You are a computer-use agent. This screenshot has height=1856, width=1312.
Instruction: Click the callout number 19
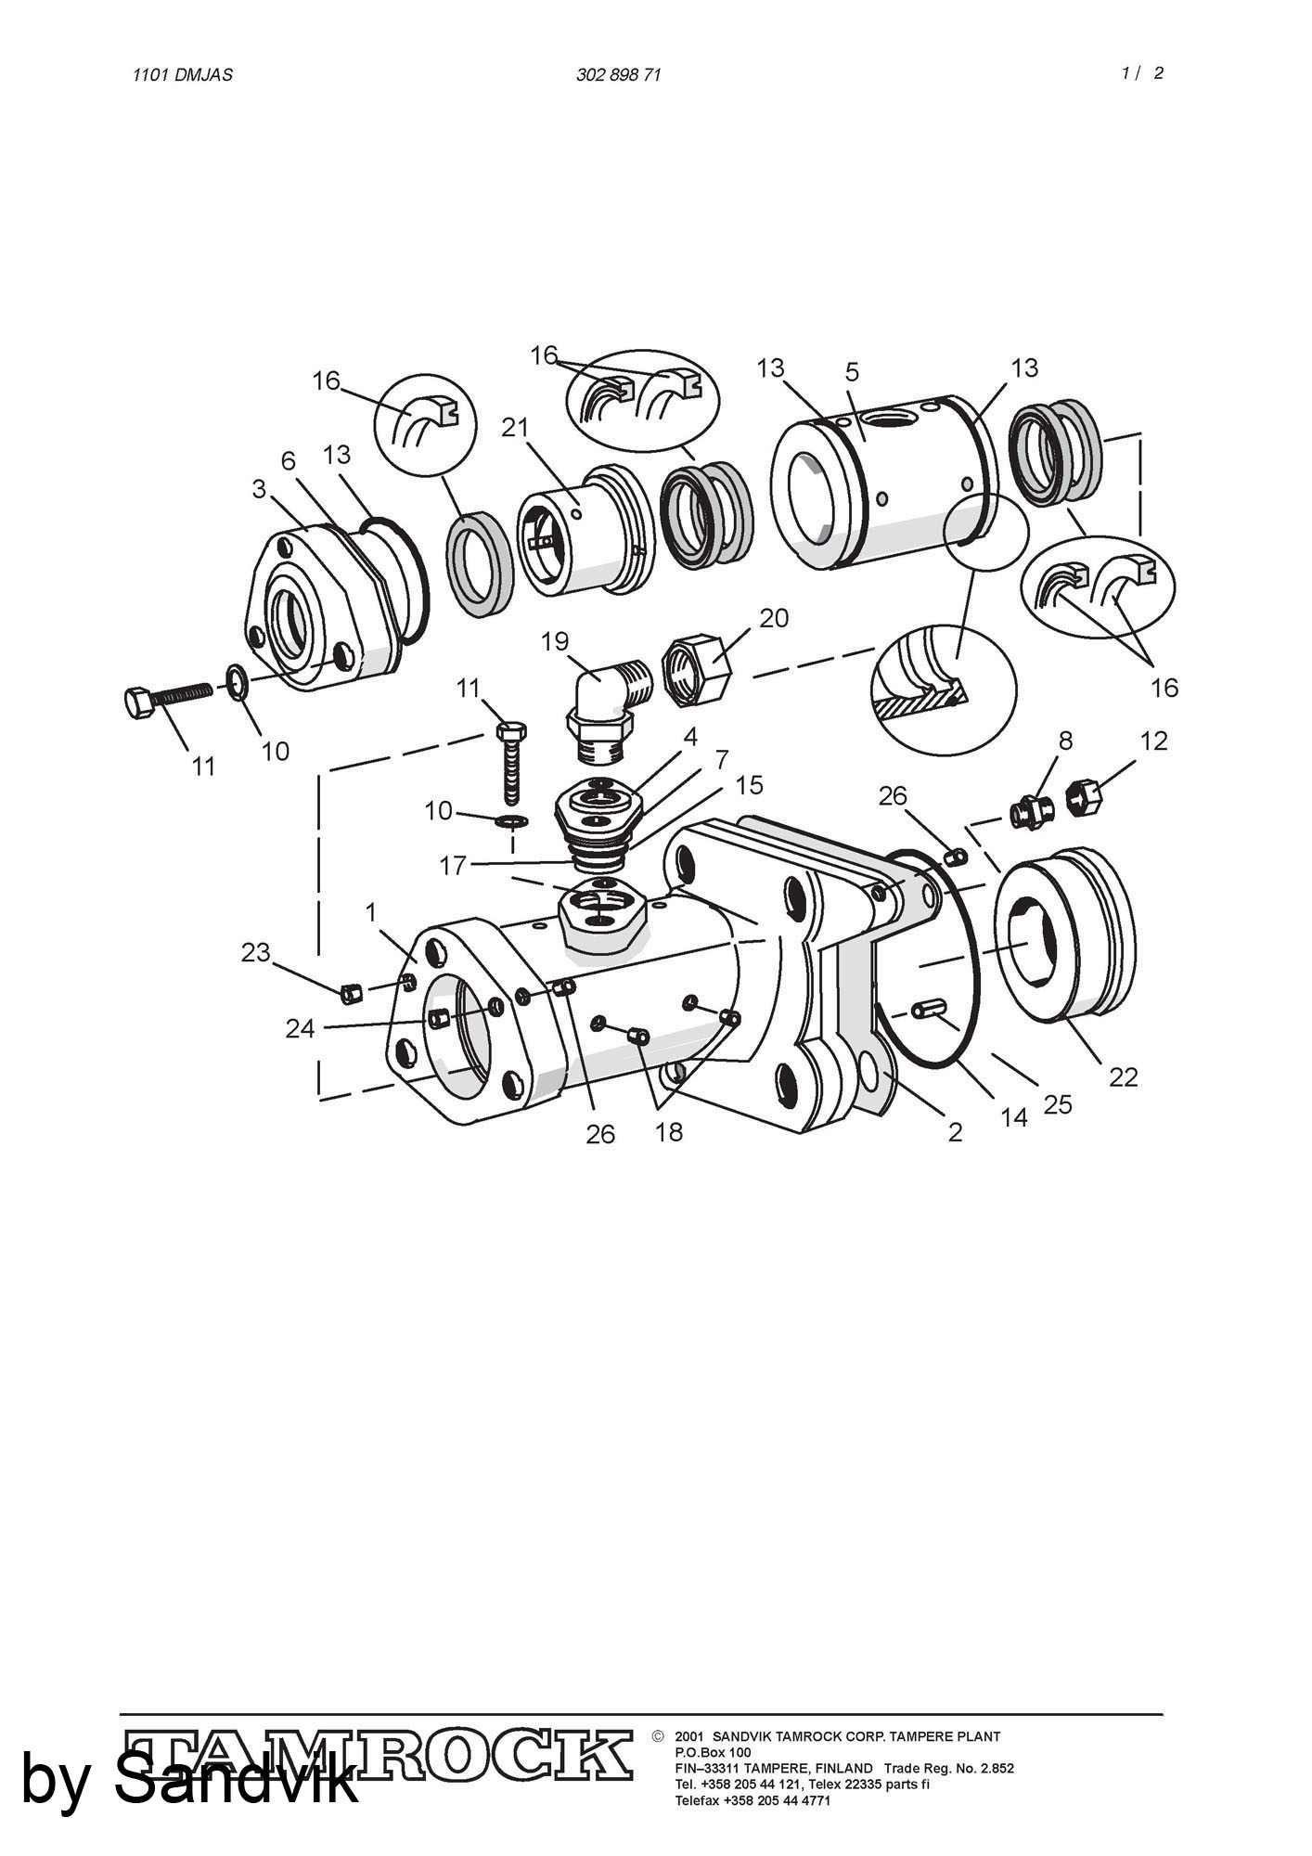click(555, 641)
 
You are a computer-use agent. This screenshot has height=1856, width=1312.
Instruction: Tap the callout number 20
click(774, 618)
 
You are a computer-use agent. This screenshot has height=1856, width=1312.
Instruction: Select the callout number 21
click(515, 427)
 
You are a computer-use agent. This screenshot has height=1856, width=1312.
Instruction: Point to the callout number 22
click(1123, 1076)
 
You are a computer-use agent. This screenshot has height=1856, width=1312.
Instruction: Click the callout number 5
click(852, 372)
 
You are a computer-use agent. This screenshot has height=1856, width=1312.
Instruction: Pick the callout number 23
click(255, 952)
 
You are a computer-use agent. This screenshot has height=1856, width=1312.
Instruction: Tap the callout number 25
click(1058, 1104)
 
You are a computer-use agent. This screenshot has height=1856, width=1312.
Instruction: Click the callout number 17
click(453, 866)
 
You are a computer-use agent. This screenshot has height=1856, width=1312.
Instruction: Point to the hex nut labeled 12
click(1083, 798)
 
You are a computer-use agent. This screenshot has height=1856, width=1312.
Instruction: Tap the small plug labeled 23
click(350, 994)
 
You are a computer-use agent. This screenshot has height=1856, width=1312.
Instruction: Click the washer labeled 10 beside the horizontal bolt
click(237, 682)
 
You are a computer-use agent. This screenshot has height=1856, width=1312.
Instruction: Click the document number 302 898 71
click(619, 75)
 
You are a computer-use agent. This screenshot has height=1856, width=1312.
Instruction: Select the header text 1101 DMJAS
click(183, 75)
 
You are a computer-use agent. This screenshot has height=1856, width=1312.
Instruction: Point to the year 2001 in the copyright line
click(689, 1736)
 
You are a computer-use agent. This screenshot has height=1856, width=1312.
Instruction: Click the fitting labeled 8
click(1031, 812)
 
